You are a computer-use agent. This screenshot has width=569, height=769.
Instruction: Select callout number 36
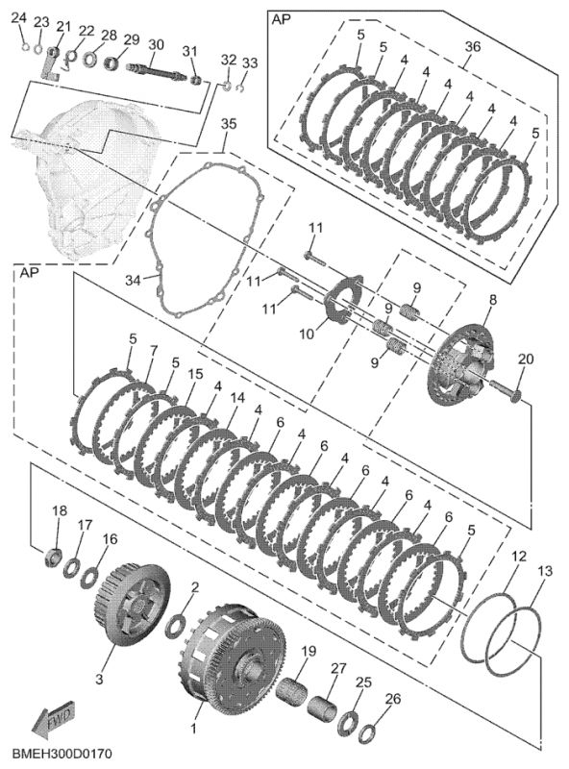coord(472,47)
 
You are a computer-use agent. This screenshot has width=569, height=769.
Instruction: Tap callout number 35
coord(228,124)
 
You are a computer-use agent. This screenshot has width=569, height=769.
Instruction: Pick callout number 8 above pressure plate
coord(492,300)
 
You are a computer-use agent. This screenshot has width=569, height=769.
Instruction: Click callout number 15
coord(195,373)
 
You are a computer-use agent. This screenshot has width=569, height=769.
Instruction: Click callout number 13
coord(545,572)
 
